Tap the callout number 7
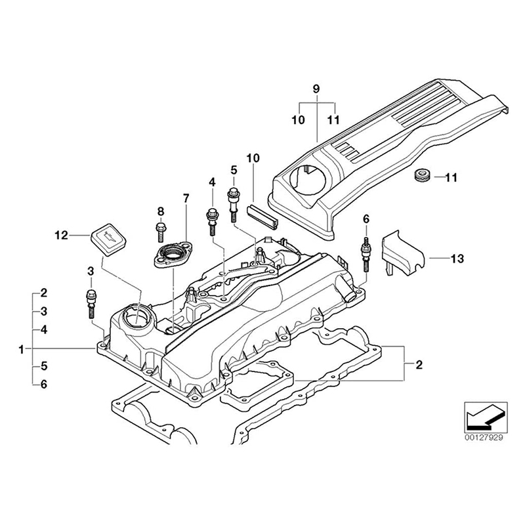pyautogui.click(x=186, y=198)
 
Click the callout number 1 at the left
pyautogui.click(x=22, y=348)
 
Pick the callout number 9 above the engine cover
pyautogui.click(x=316, y=88)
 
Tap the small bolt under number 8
pyautogui.click(x=160, y=230)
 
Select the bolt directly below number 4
pyautogui.click(x=212, y=219)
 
